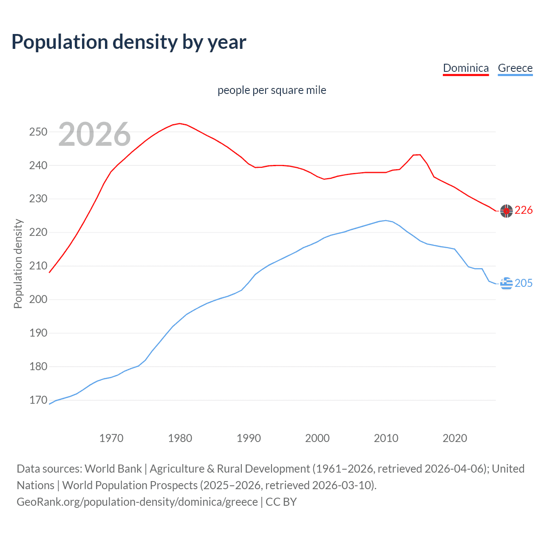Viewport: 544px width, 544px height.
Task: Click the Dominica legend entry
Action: (x=466, y=68)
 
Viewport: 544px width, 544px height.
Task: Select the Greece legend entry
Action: (x=515, y=68)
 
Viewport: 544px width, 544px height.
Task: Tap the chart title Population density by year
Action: (x=129, y=42)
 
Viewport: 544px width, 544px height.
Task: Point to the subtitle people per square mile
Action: (x=272, y=91)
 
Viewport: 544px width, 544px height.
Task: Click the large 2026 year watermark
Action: (x=94, y=135)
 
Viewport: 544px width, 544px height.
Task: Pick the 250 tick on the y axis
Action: (x=38, y=132)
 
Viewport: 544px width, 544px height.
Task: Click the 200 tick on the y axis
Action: (x=38, y=300)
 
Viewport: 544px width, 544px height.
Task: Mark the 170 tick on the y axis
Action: (x=38, y=400)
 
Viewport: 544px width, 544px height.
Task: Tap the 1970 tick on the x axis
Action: (x=111, y=438)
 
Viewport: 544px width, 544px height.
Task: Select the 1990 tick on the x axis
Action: (x=249, y=438)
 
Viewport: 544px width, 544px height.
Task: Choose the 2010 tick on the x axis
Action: (x=386, y=438)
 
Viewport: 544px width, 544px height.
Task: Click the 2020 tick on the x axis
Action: (x=455, y=438)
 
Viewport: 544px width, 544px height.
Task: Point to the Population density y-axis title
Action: (x=18, y=263)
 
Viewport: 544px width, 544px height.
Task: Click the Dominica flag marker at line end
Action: (x=506, y=211)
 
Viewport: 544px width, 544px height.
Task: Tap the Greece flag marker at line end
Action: (x=506, y=283)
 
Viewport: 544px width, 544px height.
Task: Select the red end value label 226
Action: (x=524, y=210)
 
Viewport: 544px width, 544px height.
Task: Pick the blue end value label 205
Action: (x=524, y=283)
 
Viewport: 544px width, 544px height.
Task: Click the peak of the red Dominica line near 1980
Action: (x=180, y=124)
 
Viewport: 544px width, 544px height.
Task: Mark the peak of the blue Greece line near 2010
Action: (x=386, y=221)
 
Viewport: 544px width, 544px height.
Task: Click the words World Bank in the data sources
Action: (x=113, y=469)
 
